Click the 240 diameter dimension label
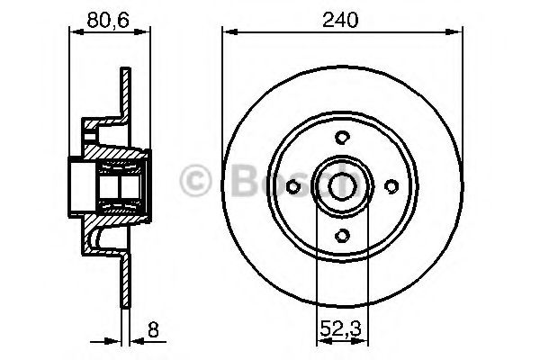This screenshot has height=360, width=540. pos(341,18)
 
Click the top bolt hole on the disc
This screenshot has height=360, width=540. pos(342,137)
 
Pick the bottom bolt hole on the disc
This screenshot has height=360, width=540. pos(342,235)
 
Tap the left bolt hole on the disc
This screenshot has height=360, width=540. pos(292,186)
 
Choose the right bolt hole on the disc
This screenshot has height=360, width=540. pos(391,186)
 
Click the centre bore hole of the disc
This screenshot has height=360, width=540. pos(342,185)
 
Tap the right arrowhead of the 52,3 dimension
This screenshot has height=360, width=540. pos(364,342)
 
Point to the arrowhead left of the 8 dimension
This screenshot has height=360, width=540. pos(115,342)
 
